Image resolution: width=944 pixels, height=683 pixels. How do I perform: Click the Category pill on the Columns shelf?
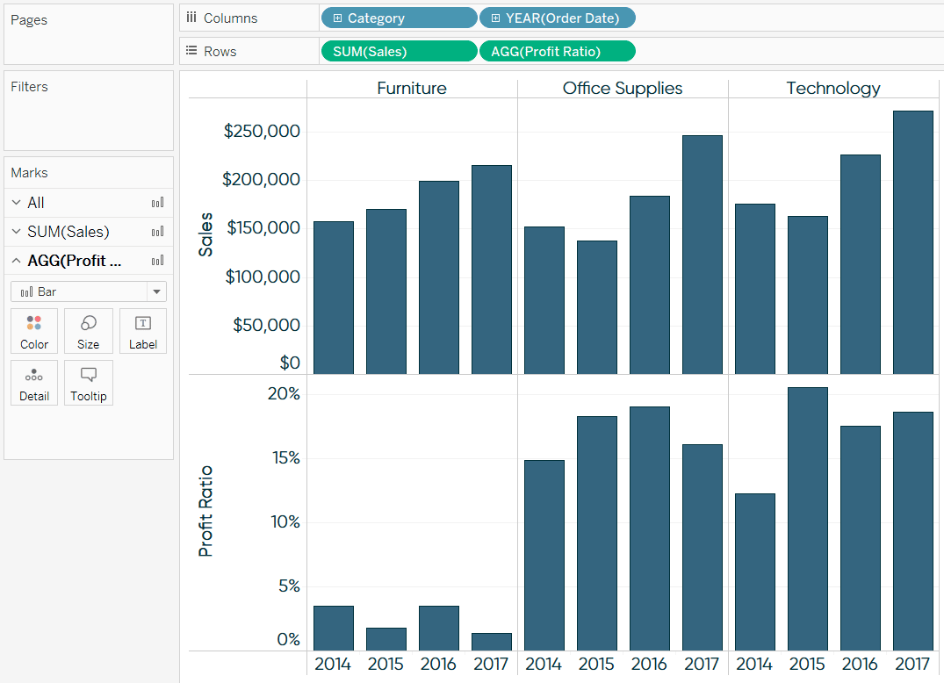399,18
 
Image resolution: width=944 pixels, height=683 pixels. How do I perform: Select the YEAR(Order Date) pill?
557,18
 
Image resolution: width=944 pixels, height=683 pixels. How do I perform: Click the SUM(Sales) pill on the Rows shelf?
399,52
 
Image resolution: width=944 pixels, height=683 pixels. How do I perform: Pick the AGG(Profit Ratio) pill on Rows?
557,52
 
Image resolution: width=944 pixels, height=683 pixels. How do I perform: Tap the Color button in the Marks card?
34,332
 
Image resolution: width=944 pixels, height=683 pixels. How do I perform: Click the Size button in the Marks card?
88,332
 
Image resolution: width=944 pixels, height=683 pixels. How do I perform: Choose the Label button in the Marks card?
143,332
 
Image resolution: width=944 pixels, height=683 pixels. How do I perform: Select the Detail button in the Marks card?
34,384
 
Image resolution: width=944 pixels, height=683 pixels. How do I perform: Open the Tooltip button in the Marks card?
88,384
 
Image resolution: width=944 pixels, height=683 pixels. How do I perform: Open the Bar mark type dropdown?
88,291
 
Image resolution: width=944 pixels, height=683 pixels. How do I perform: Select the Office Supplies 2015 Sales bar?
596,307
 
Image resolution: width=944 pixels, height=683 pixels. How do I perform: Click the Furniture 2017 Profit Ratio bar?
491,642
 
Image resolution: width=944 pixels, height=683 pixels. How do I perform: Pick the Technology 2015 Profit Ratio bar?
807,518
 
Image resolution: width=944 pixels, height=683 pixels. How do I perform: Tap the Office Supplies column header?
623,88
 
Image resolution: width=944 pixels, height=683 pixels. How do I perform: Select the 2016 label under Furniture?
438,664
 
